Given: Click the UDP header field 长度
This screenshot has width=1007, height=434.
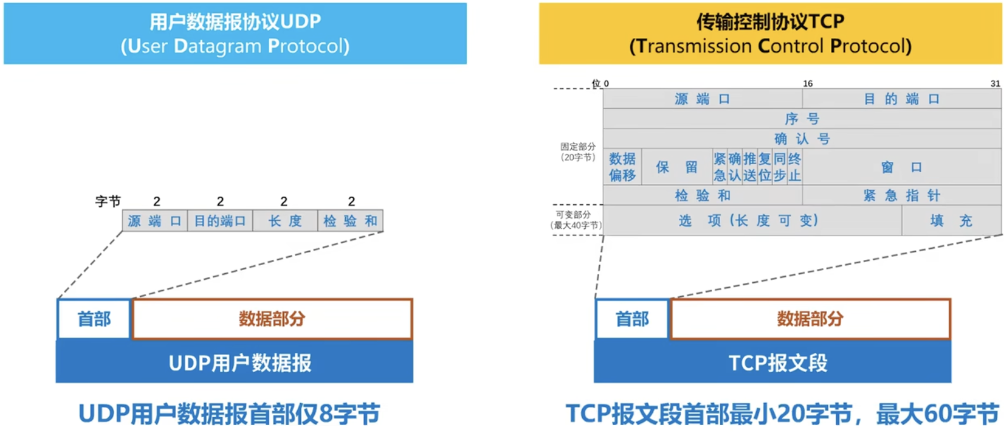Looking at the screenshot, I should tap(285, 221).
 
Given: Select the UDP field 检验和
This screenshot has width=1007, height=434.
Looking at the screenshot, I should tap(350, 221).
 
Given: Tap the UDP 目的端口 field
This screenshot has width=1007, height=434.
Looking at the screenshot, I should tap(220, 221).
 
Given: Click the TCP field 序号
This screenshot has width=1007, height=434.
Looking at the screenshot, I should tap(802, 119).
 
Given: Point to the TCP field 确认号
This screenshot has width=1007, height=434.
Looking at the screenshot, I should tap(802, 139).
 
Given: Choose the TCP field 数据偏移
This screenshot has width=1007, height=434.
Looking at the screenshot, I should tap(623, 167).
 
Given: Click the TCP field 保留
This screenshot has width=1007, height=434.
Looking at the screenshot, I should tap(676, 167).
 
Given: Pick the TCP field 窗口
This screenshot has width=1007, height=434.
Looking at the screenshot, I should tap(901, 167).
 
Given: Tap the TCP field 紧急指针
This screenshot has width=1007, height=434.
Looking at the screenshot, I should tap(901, 195).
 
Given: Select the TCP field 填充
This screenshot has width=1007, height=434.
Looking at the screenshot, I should tap(951, 221).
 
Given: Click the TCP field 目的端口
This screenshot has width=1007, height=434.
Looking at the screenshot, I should tap(901, 99).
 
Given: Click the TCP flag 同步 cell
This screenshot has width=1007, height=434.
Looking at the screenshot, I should tap(780, 167).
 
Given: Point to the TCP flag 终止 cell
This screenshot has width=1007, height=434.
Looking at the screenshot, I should tap(795, 167).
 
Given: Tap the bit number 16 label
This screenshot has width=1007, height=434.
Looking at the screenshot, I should tap(807, 84).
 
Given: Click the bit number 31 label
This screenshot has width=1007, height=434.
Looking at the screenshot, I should tap(995, 84).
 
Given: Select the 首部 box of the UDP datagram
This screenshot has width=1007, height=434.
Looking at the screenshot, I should tap(94, 319).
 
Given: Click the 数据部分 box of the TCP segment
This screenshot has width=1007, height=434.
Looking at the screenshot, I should tap(810, 319).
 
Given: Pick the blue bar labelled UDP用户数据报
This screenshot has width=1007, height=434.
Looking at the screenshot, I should tap(234, 363).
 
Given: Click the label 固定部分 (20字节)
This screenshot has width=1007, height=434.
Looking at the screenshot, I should tap(578, 152).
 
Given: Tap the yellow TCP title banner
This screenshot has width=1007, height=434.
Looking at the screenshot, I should tap(770, 34).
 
